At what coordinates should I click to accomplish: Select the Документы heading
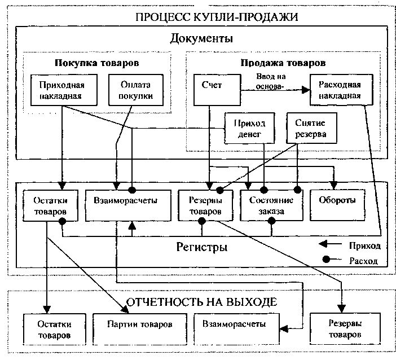[x=201, y=39]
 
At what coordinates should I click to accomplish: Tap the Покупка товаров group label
[x=96, y=63]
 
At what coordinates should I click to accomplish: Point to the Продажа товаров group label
[x=283, y=63]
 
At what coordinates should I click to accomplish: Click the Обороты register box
[x=335, y=201]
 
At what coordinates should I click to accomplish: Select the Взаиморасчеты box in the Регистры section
[x=128, y=201]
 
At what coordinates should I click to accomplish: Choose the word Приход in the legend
[x=364, y=246]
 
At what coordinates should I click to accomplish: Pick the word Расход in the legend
[x=364, y=261]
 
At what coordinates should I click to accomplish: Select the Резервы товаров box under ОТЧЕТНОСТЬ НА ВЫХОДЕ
[x=345, y=329]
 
